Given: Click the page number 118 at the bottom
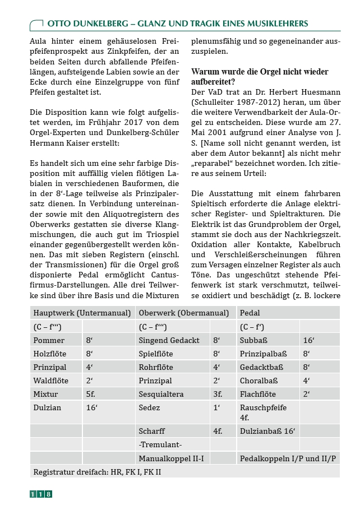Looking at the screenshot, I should pyautogui.click(x=41, y=494).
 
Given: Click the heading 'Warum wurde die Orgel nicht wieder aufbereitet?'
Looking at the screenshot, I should pyautogui.click(x=260, y=77).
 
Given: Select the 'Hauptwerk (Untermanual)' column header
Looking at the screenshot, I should pyautogui.click(x=82, y=313).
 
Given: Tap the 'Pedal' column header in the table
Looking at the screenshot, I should pyautogui.click(x=250, y=313).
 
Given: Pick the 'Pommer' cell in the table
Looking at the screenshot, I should pyautogui.click(x=49, y=340).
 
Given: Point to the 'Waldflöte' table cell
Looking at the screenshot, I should pyautogui.click(x=52, y=381).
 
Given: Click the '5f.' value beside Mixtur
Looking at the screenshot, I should pyautogui.click(x=90, y=394).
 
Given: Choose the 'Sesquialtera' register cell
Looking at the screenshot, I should pyautogui.click(x=161, y=394).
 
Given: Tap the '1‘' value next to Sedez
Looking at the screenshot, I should pyautogui.click(x=216, y=407).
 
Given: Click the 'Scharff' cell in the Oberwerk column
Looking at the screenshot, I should pyautogui.click(x=151, y=431).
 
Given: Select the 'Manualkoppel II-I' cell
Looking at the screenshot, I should pyautogui.click(x=171, y=458).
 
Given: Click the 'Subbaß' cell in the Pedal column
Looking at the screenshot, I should pyautogui.click(x=253, y=340).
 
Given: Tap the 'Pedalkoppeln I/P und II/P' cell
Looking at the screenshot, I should pyautogui.click(x=288, y=458).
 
